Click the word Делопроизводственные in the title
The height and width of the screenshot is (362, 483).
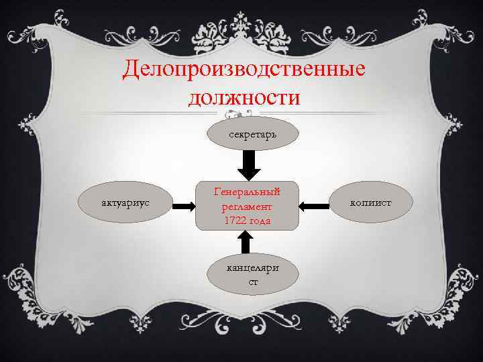(x=245, y=70)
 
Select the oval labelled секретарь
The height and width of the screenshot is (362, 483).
(x=250, y=135)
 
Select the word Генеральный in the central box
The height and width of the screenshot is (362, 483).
(x=246, y=192)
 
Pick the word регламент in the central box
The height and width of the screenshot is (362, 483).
(x=246, y=206)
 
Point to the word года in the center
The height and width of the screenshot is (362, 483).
(x=259, y=221)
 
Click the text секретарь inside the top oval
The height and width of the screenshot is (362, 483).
(x=250, y=135)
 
